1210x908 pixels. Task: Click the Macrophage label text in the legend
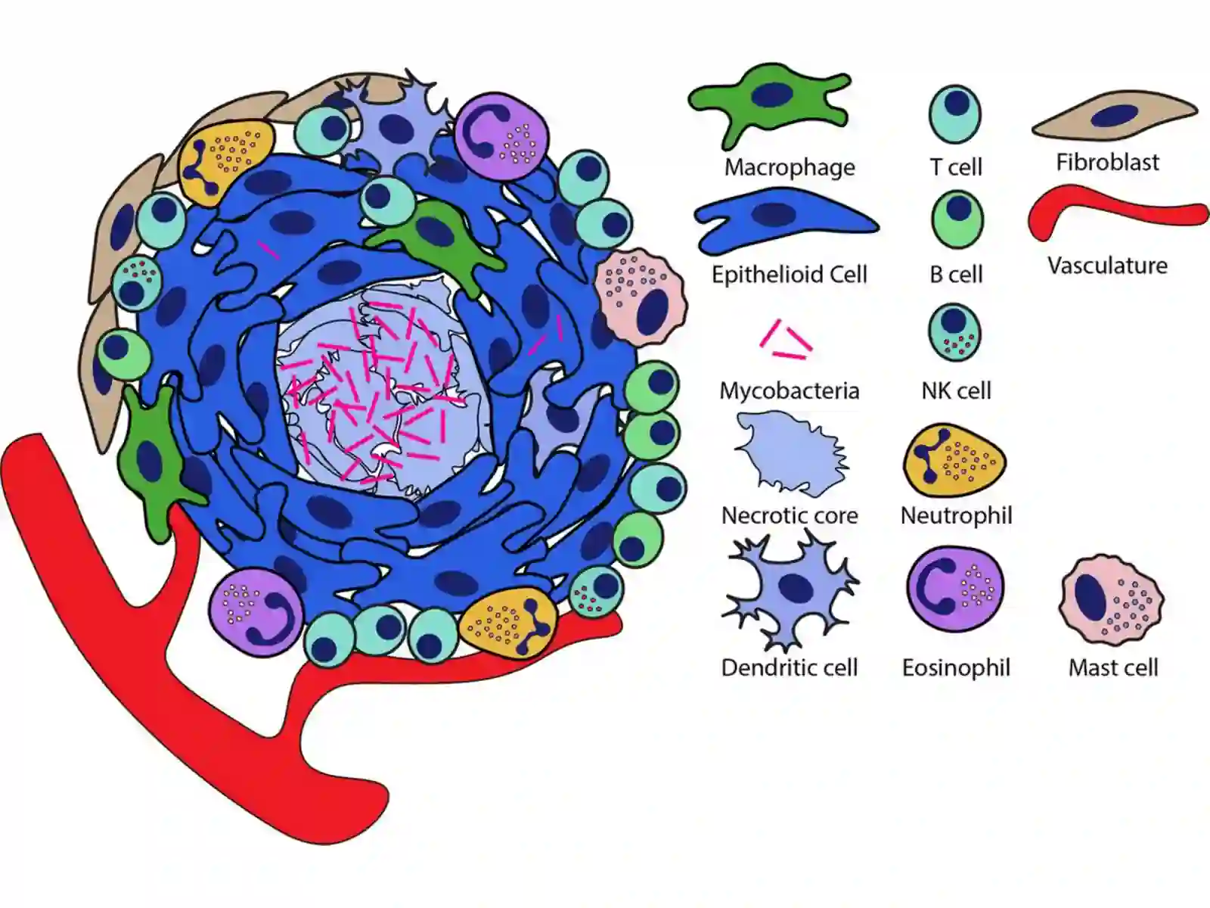tap(790, 167)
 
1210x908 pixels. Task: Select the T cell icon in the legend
tap(955, 114)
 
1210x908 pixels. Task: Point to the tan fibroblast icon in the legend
tap(1115, 116)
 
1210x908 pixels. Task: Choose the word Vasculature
tap(1107, 266)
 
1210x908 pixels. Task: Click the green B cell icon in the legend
tap(957, 219)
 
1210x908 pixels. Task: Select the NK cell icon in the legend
tap(955, 332)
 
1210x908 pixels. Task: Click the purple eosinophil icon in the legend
tap(955, 589)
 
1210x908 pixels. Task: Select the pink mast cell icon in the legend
tap(1112, 600)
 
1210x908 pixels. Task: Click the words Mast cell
tap(1113, 667)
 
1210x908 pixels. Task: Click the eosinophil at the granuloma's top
tap(501, 136)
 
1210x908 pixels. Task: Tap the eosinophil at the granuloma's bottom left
tap(256, 612)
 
